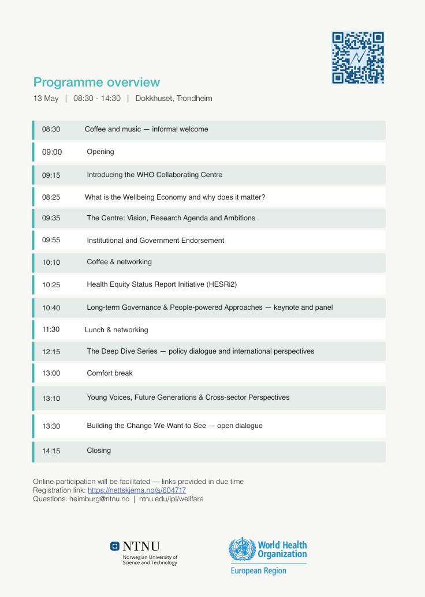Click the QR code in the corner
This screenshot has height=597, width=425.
[x=357, y=58]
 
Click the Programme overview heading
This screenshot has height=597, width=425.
[x=96, y=82]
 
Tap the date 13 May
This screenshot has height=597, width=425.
[x=46, y=99]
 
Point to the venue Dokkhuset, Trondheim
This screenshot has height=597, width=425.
[x=174, y=99]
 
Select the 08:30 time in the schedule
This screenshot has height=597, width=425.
[x=51, y=129]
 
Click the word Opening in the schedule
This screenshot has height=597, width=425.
[x=100, y=152]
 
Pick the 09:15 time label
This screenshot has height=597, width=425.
[x=51, y=175]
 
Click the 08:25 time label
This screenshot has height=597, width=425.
[x=51, y=197]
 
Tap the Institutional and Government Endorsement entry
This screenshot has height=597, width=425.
[x=155, y=241]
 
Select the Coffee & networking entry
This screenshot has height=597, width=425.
[x=119, y=262]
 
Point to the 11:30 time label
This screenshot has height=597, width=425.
[x=51, y=330]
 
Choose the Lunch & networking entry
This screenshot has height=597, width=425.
[x=116, y=330]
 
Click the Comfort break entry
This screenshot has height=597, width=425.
[x=110, y=373]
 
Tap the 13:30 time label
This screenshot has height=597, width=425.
[x=51, y=426]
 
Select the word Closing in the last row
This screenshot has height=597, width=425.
[x=99, y=450]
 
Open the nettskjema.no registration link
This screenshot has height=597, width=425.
[x=137, y=490]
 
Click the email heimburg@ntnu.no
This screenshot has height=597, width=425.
[x=99, y=499]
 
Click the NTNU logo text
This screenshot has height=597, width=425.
[x=141, y=546]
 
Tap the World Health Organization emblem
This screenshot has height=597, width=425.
[x=242, y=550]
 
